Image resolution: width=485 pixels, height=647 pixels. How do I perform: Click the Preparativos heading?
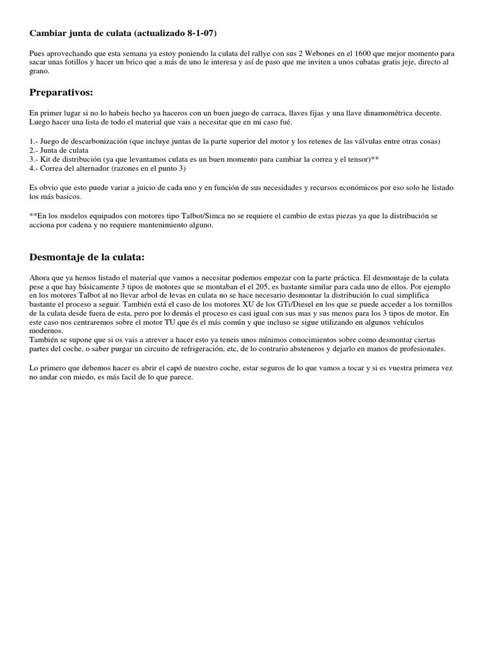coord(61,92)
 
